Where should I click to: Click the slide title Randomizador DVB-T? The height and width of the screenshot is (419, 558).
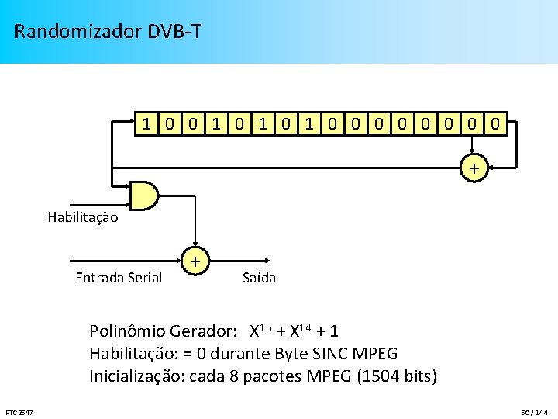tap(108, 32)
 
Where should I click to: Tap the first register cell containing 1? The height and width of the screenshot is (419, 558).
tap(145, 123)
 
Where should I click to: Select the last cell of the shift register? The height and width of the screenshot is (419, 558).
tap(498, 123)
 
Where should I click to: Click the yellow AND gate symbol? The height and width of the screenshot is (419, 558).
tap(144, 196)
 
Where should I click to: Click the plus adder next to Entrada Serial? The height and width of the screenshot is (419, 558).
tap(196, 262)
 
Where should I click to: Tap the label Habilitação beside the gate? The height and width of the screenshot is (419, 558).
tap(83, 217)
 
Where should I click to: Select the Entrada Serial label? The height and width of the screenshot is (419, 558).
tap(119, 278)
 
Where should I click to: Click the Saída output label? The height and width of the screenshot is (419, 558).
tap(259, 278)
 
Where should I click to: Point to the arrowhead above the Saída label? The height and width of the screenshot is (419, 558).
tap(265, 262)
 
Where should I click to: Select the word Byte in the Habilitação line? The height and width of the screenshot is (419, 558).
tap(288, 355)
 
